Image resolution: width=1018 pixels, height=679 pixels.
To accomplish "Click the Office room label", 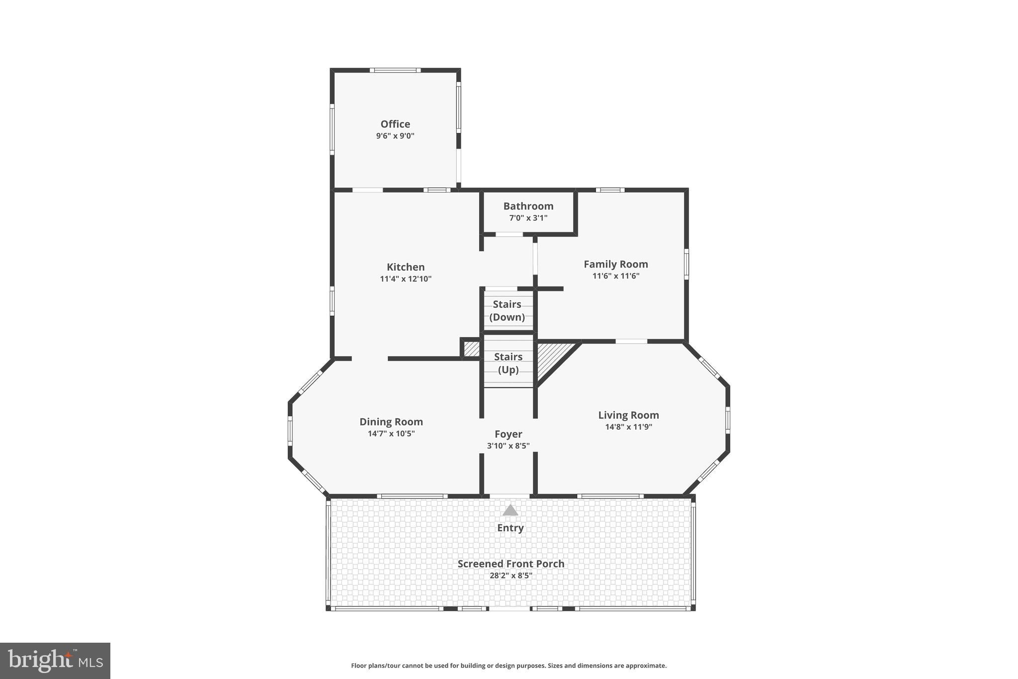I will click(x=395, y=124).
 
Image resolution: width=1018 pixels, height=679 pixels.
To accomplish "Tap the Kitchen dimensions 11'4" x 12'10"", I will click(x=406, y=279).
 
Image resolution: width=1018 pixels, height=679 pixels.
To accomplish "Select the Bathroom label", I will click(x=528, y=206).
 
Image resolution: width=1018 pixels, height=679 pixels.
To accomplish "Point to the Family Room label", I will click(x=615, y=264).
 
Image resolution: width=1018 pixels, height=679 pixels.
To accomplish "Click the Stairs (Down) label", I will click(x=507, y=310).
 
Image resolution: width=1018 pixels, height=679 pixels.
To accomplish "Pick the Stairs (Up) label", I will click(x=508, y=363).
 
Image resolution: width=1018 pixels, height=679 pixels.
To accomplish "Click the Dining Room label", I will click(x=391, y=422).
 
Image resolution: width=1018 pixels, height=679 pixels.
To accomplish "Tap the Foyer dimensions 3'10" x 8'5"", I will click(x=508, y=446).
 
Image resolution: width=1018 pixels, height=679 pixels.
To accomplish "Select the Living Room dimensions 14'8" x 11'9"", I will click(x=628, y=427).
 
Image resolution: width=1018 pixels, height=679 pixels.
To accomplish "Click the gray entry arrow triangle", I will click(x=510, y=511).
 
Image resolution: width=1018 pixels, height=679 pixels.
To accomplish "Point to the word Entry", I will click(x=510, y=528).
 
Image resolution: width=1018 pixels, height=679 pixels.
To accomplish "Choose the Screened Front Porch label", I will click(x=510, y=564).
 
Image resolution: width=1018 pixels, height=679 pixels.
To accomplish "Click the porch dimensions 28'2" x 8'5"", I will click(x=510, y=576).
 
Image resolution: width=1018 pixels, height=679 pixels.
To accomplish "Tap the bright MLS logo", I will click(x=55, y=661).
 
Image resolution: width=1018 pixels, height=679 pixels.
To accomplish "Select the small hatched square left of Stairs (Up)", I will click(x=471, y=349).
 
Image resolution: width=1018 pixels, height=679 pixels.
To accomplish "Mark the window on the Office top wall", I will click(x=395, y=70).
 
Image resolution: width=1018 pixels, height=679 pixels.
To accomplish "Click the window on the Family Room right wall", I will click(x=686, y=264).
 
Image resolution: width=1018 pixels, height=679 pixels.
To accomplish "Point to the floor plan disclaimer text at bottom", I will click(x=509, y=666).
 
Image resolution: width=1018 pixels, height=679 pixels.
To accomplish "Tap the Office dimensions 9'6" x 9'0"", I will click(x=395, y=136).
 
